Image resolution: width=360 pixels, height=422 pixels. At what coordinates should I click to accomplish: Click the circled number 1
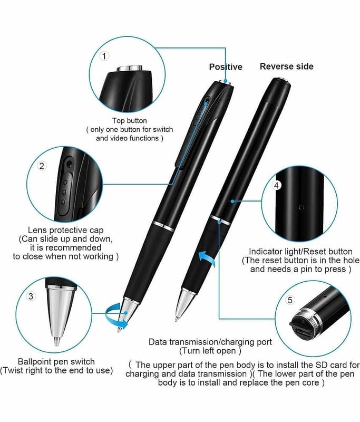(104, 56)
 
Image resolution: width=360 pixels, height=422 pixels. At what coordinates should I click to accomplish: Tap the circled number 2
(42, 166)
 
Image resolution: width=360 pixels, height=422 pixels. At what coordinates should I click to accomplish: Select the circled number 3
(31, 296)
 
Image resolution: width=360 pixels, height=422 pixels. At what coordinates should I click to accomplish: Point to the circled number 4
(277, 185)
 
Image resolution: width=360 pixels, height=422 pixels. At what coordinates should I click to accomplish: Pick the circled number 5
(290, 300)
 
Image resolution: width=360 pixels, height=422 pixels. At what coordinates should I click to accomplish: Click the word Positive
(226, 67)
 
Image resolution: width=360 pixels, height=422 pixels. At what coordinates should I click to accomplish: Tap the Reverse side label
(286, 66)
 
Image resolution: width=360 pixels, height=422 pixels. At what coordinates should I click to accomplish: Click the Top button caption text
(130, 121)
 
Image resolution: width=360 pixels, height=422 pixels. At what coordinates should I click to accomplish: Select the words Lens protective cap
(66, 230)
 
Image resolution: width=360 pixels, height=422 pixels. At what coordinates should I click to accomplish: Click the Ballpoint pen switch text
(56, 361)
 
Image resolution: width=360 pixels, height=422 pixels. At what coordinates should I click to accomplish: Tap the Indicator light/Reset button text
(300, 252)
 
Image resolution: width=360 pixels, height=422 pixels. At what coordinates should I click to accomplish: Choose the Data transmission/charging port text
(210, 342)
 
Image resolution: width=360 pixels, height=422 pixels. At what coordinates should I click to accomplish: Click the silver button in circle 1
(130, 68)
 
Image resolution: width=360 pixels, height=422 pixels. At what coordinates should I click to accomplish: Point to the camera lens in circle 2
(70, 164)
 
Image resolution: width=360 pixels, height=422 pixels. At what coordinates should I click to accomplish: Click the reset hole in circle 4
(301, 207)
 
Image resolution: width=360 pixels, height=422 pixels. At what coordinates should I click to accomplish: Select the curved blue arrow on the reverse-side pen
(207, 258)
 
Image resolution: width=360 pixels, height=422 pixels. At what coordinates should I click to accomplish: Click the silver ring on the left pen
(163, 226)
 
